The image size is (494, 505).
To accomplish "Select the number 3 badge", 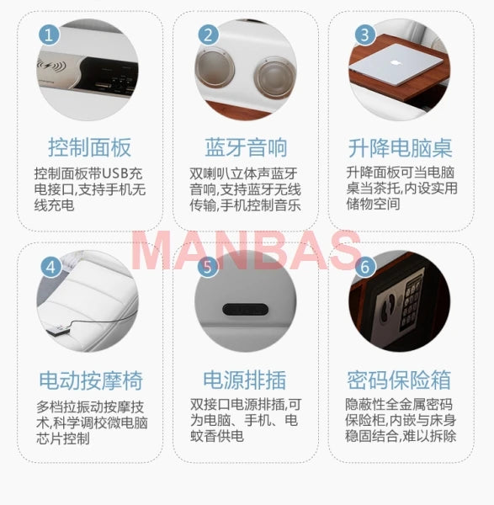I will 364,35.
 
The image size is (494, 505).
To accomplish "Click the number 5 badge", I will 208,267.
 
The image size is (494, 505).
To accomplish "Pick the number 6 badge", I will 364,267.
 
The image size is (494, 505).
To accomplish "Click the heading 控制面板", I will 89,148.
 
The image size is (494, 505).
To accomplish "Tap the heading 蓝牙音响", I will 246,148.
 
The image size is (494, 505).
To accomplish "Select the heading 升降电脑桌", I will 401,148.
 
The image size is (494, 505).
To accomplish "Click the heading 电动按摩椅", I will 89,379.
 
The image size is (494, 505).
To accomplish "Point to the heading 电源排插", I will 246,379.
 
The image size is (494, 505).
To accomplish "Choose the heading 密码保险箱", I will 401,379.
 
